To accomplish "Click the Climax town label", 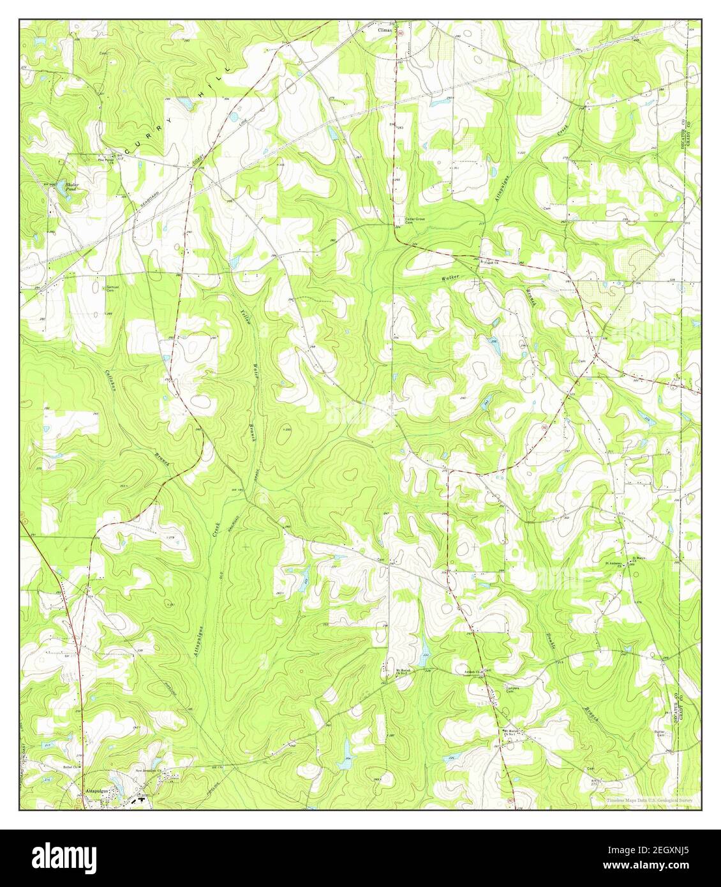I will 385,29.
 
